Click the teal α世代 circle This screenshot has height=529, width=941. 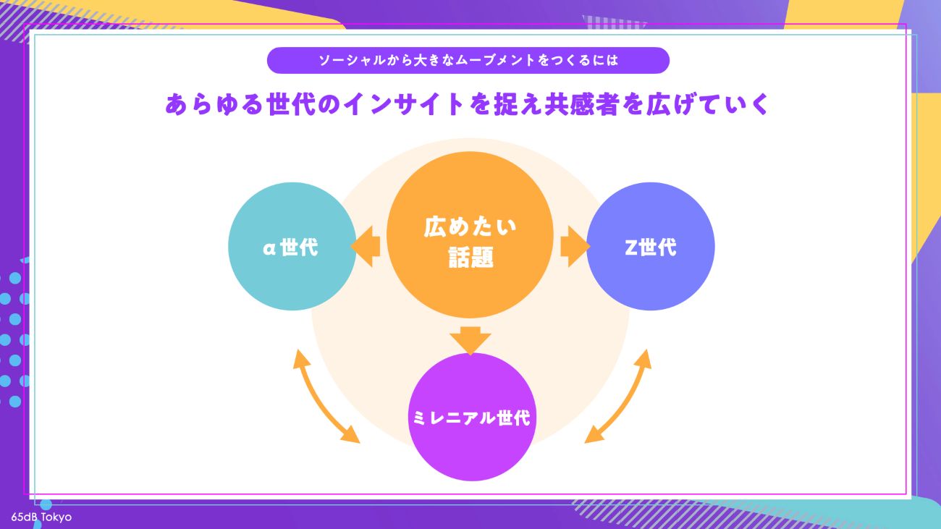click(292, 247)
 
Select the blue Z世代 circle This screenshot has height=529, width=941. click(650, 247)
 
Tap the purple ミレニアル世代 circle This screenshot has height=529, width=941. click(472, 418)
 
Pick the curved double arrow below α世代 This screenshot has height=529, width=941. click(326, 397)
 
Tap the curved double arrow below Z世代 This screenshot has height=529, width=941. click(617, 397)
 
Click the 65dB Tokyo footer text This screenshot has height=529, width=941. click(41, 517)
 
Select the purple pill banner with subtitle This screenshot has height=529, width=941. click(468, 61)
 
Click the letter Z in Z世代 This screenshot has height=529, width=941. click(630, 247)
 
